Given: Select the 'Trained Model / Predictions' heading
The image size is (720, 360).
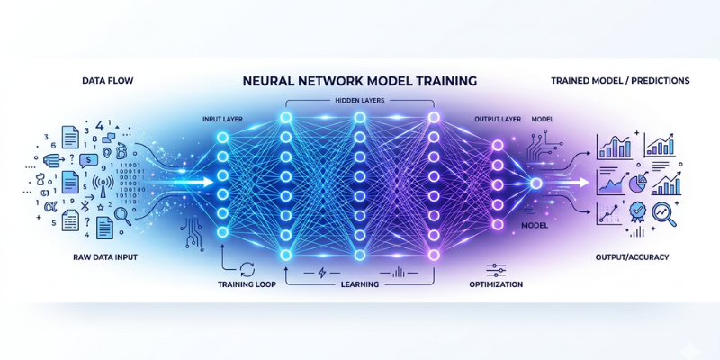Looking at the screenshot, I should point(620,81).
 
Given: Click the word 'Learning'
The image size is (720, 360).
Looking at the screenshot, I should point(359,284).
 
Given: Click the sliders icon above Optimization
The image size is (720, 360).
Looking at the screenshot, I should point(494,268).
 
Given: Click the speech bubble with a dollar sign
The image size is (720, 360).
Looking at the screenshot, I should point(89,160).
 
